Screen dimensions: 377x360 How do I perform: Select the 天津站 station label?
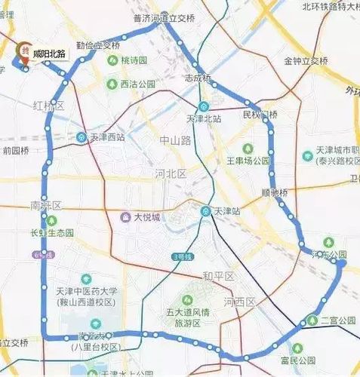(225, 211)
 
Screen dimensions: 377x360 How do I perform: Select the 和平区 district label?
(219, 276)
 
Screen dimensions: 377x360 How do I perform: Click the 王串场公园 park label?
(249, 161)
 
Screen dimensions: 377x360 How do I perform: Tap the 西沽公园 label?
(137, 84)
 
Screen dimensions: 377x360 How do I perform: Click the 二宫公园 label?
(337, 320)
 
